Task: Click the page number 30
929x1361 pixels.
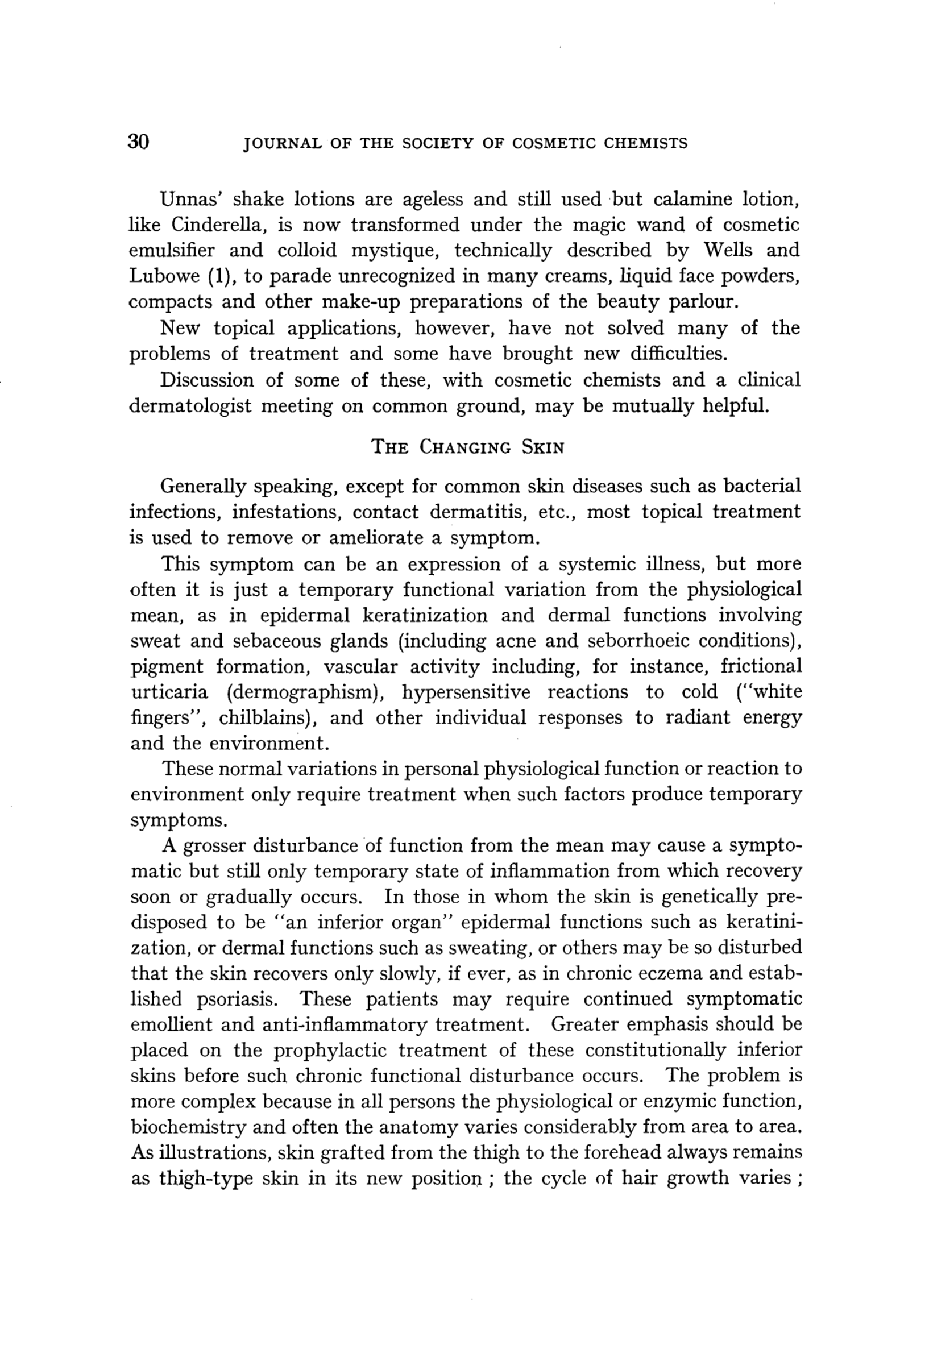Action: [x=139, y=142]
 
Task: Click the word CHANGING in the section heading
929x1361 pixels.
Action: [x=464, y=448]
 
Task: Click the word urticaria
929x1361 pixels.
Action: [x=169, y=692]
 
